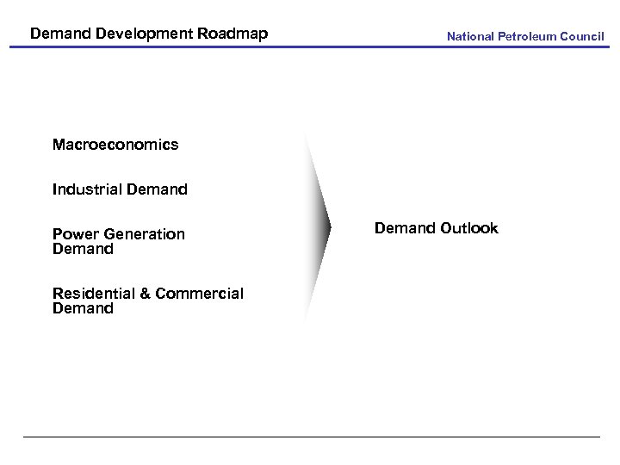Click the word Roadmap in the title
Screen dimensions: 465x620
[232, 34]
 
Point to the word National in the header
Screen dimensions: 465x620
[470, 36]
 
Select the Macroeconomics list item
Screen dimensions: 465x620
[115, 145]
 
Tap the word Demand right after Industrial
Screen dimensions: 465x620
[156, 189]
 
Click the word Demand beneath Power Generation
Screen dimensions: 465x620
[83, 249]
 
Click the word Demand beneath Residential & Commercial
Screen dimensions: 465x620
[83, 308]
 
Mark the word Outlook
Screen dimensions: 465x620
[469, 228]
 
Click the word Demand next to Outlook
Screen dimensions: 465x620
[405, 228]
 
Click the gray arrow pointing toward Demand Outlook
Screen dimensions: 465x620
[318, 228]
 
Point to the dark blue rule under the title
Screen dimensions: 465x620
[310, 46]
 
